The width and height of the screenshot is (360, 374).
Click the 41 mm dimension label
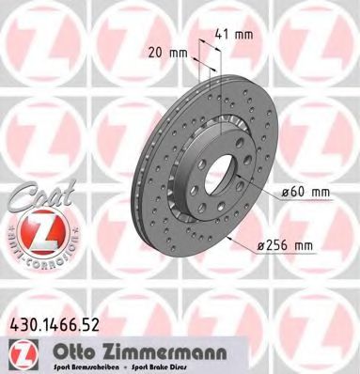coord(234,36)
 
